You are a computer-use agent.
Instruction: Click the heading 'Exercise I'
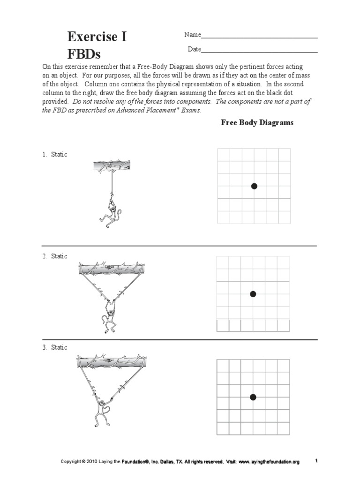97,37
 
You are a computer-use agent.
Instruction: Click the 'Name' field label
192,35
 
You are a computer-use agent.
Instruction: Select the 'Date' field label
194,49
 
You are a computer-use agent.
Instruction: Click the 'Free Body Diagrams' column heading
257,123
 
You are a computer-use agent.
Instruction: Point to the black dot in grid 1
254,186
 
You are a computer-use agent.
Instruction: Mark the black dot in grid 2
253,294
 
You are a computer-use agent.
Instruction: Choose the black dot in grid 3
253,397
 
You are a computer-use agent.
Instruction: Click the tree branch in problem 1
111,165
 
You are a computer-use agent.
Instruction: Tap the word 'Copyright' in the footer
72,462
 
